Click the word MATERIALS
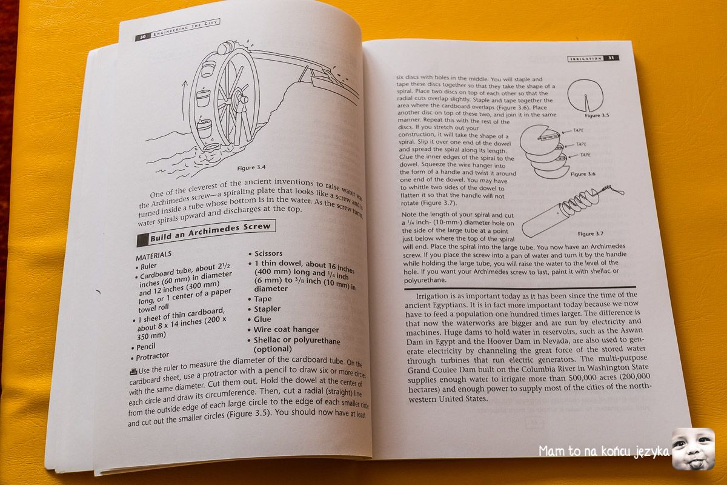[x=153, y=255]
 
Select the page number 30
[x=142, y=36]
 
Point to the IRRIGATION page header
[x=586, y=58]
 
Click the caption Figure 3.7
[x=594, y=233]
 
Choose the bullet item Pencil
[x=145, y=347]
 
